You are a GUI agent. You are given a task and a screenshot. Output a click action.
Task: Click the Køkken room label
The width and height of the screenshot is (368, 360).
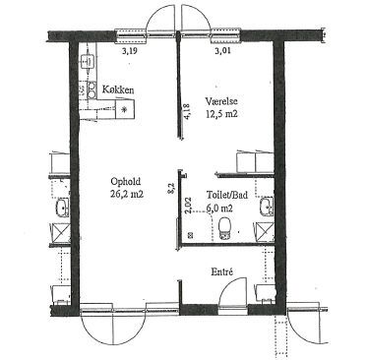coord(118,90)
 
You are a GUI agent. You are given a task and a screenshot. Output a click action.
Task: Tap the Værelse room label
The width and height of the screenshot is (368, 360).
coord(221,101)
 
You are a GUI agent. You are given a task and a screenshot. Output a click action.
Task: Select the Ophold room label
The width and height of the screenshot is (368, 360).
coord(126,181)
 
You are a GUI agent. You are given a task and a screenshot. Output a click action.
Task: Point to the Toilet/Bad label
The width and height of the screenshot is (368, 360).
coord(227,195)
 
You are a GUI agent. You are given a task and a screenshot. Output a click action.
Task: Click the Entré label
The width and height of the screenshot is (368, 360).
coord(222,271)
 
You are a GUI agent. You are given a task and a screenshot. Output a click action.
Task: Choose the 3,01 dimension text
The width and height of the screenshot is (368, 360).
coord(221,51)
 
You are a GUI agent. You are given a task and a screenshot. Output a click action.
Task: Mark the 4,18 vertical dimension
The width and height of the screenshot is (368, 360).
coord(188,111)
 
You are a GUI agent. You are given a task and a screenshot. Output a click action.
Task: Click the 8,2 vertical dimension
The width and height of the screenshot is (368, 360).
coord(171,189)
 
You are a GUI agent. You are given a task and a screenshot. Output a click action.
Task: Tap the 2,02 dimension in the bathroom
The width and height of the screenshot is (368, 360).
coord(188,206)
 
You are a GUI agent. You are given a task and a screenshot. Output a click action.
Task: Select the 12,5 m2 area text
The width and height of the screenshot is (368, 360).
coord(221,114)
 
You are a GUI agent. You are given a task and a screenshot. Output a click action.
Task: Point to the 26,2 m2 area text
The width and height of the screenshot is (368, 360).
coord(127,194)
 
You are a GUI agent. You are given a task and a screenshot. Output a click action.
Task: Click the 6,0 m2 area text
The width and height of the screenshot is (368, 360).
coord(219,208)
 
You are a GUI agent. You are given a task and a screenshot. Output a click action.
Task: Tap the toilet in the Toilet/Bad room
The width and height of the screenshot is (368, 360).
coord(224,228)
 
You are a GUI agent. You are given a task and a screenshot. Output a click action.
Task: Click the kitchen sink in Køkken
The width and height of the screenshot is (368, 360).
coord(88,61)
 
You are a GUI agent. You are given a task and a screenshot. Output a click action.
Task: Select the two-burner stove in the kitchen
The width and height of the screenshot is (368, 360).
coord(92,90)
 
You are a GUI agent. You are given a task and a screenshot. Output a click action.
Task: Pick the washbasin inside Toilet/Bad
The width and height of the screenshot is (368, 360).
coord(267,207)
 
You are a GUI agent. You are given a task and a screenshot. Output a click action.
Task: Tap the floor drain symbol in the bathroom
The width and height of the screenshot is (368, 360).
coord(190,235)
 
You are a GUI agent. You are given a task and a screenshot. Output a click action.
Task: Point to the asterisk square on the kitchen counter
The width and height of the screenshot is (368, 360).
coord(125,109)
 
